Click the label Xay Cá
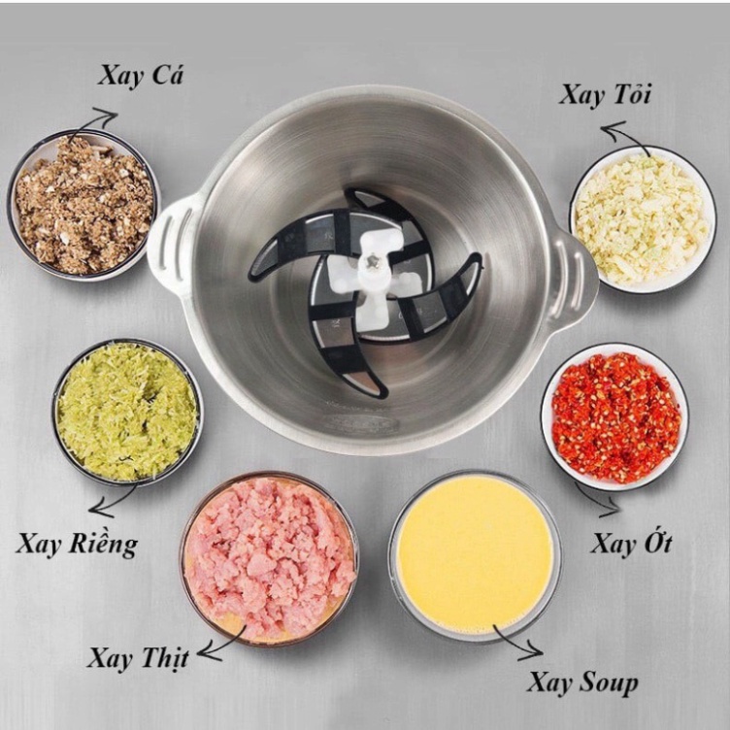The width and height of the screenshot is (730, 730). (x=141, y=77)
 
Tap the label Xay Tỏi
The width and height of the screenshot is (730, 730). (x=605, y=95)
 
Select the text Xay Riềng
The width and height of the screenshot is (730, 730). (x=78, y=544)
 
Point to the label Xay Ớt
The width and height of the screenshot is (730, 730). (x=632, y=542)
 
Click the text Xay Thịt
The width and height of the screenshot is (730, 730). (x=138, y=658)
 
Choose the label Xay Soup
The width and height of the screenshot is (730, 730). (x=582, y=684)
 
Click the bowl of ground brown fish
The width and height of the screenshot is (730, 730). (x=84, y=205)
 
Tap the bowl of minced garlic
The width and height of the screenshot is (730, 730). (x=643, y=219)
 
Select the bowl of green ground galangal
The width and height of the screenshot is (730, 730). (x=127, y=413)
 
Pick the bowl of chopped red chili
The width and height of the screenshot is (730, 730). (x=615, y=416)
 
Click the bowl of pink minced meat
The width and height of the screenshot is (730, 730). (x=269, y=559)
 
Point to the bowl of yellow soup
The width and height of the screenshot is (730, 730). (x=475, y=556)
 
